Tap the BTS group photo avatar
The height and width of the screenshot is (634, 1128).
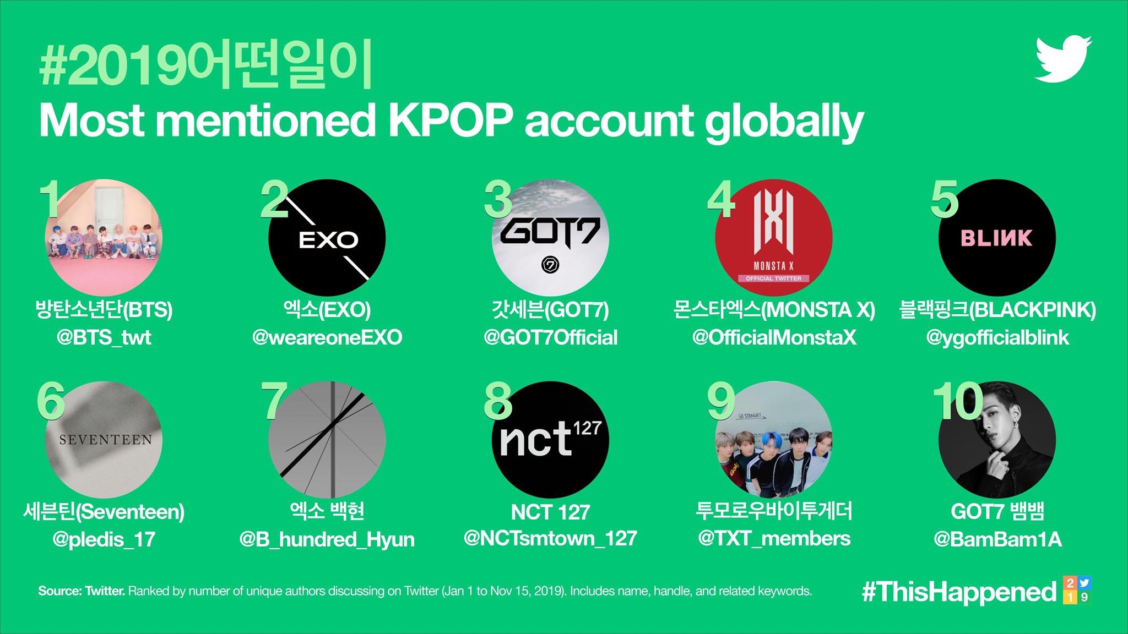104,238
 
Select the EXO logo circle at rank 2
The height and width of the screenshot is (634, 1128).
327,238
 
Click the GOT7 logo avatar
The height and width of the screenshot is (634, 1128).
550,238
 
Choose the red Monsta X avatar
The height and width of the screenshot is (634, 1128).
774,238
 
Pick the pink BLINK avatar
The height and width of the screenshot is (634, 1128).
997,238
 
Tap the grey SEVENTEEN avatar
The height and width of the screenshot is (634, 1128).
104,439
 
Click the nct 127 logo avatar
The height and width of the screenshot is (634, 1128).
550,439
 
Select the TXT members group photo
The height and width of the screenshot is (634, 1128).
774,439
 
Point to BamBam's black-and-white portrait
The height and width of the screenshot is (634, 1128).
997,439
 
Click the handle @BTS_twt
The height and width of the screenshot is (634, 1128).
104,337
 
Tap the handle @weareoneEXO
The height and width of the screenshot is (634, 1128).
327,337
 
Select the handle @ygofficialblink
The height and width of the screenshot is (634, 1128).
997,338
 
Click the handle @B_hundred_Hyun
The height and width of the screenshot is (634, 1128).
327,540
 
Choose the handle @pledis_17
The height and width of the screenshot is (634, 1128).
104,540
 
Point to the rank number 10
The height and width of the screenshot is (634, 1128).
958,402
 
